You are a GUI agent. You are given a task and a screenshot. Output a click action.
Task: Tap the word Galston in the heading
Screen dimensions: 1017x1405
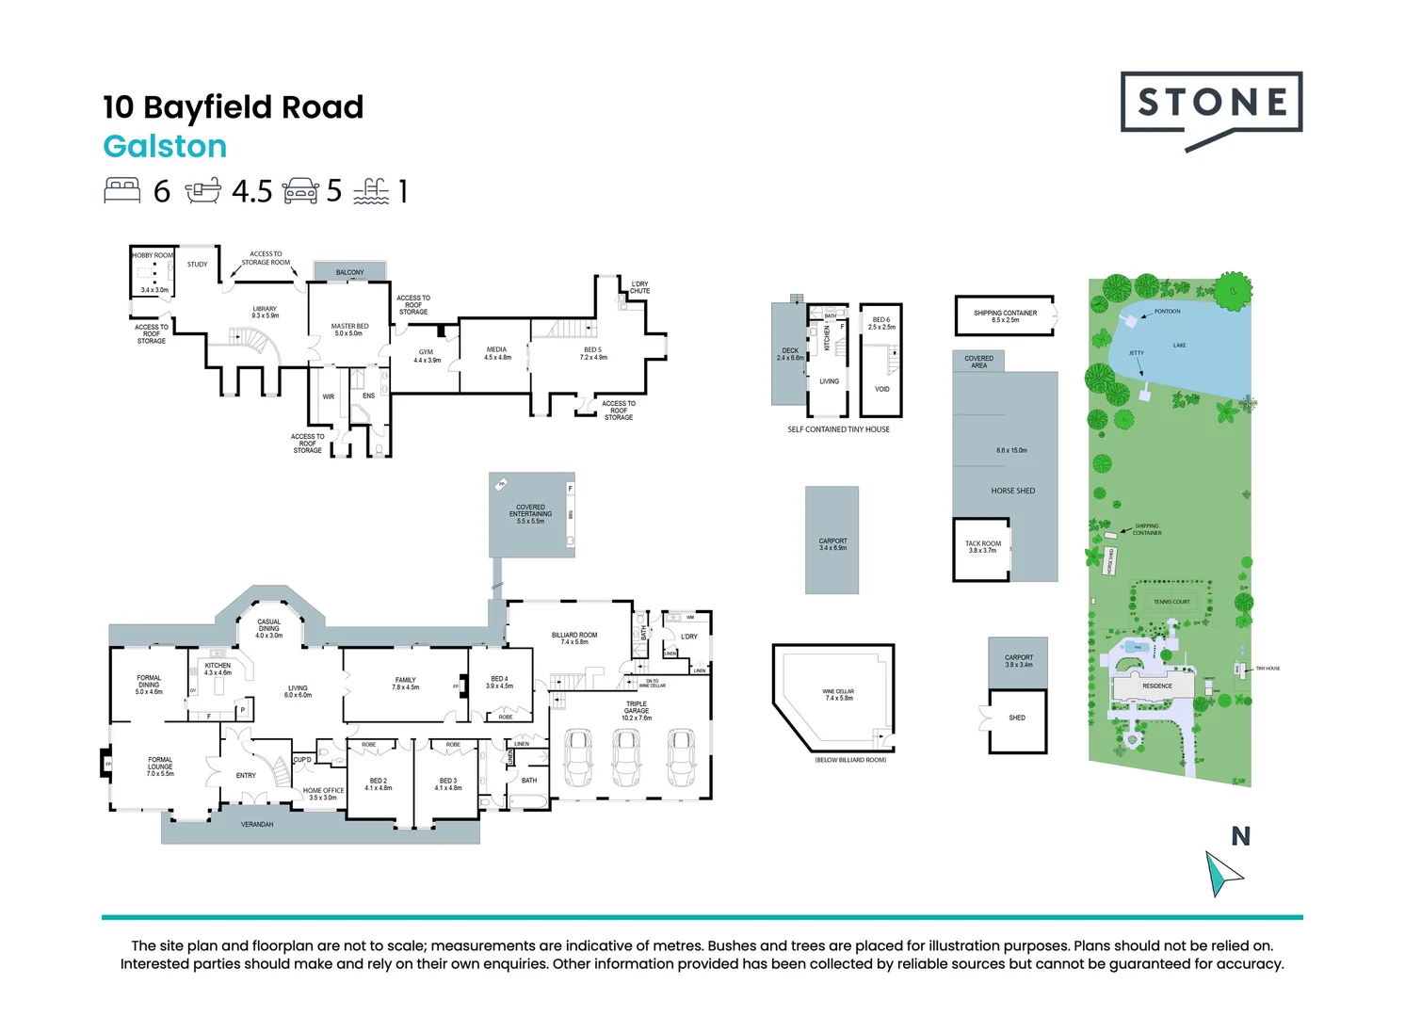click(165, 147)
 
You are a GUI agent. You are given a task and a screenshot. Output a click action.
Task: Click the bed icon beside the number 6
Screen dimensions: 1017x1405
click(122, 190)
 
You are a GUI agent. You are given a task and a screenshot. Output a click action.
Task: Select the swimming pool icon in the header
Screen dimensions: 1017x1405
click(371, 191)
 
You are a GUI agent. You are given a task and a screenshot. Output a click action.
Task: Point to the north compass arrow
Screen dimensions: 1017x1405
click(1222, 873)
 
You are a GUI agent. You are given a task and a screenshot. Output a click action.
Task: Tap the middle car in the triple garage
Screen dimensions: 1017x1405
click(626, 757)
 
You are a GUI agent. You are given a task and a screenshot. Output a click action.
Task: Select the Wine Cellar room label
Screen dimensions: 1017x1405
click(838, 695)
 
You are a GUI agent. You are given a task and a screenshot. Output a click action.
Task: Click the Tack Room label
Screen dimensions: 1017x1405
click(982, 547)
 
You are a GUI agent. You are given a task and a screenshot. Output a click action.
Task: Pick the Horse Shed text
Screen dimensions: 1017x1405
click(1012, 491)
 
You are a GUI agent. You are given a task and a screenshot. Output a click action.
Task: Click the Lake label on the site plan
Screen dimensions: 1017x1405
click(1179, 346)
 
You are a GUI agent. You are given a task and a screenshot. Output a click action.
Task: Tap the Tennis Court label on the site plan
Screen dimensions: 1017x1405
click(1171, 602)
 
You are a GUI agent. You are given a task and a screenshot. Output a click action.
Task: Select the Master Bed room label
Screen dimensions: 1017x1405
click(349, 330)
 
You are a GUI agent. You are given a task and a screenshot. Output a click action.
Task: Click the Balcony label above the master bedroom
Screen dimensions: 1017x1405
click(349, 272)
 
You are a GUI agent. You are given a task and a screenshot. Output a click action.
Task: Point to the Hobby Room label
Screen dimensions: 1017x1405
click(153, 255)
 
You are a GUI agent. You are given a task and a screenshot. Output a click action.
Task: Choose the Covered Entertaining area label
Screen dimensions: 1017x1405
click(530, 513)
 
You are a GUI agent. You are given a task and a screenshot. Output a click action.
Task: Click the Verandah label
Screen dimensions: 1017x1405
click(257, 825)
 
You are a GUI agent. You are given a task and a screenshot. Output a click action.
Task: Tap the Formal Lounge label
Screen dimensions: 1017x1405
click(160, 767)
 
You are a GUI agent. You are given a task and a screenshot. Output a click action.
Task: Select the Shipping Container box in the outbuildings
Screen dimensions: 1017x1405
click(1005, 316)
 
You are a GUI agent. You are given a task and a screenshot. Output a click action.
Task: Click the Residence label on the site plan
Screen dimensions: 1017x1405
click(1157, 686)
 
